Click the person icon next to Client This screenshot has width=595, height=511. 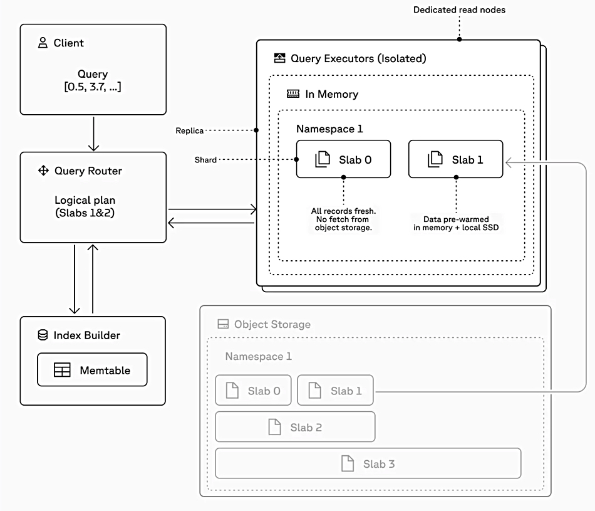(43, 43)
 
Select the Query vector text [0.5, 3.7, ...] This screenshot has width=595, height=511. (93, 87)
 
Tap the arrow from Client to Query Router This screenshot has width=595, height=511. (93, 133)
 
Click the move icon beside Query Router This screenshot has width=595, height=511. (43, 171)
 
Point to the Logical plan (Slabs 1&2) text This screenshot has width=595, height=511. (93, 206)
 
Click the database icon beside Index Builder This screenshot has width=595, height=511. (43, 335)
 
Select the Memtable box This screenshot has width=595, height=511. (92, 370)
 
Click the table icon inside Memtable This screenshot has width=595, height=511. (62, 371)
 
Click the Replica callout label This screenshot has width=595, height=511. (190, 130)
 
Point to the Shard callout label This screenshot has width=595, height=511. (205, 160)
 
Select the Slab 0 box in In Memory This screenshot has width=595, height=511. (343, 159)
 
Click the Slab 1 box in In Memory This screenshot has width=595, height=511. (455, 159)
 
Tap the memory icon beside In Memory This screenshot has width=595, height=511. (293, 94)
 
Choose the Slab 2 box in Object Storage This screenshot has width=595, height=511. (295, 427)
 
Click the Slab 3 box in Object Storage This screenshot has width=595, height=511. (368, 464)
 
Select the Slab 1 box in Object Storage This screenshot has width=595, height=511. (335, 391)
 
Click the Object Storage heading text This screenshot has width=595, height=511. (272, 324)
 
